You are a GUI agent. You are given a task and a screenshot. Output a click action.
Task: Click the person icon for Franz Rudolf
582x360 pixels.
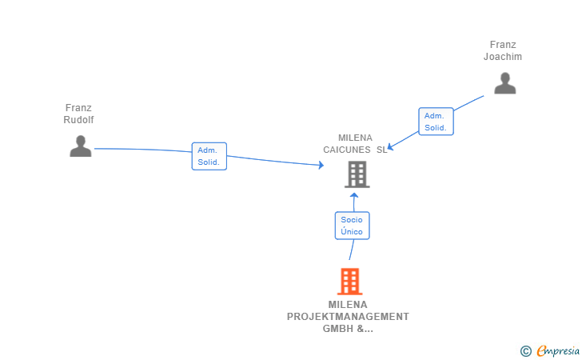pos(81,146)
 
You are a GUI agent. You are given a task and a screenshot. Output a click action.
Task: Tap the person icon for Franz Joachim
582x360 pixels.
pos(504,83)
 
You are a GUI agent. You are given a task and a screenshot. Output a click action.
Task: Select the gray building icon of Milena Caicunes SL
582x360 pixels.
pos(357,174)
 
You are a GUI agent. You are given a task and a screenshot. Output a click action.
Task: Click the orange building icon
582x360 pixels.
pos(349,282)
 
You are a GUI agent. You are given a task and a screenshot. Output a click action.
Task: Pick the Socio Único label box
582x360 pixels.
pos(353,226)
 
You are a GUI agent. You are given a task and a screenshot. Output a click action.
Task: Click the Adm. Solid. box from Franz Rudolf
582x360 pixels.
pos(209,156)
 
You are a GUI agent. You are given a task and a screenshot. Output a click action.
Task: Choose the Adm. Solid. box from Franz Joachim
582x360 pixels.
pos(436,122)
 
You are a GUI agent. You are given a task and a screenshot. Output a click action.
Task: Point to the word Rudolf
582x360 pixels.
pos(78,120)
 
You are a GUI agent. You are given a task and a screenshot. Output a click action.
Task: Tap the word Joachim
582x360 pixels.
pos(503,57)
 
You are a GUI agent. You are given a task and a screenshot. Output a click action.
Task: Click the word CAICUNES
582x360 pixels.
pos(347,150)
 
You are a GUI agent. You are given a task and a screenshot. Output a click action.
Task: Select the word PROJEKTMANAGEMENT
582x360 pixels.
pos(348,317)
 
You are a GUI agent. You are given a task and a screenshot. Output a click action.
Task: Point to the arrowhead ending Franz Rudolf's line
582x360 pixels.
pos(321,165)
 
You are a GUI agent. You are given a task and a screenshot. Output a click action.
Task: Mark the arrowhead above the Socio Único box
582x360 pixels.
pos(354,195)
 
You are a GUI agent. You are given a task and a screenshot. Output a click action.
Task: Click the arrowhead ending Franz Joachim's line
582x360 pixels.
pos(390,147)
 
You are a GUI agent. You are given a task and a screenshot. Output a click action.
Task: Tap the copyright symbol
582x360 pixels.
pos(525,351)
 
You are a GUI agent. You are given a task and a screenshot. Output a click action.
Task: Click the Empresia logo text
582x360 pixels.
pos(558,351)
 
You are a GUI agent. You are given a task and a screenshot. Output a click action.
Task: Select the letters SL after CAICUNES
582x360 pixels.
pos(381,150)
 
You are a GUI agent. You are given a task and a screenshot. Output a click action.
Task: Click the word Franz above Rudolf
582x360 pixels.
pos(78,108)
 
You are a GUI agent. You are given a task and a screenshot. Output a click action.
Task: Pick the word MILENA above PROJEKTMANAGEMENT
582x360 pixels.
pos(348,305)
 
